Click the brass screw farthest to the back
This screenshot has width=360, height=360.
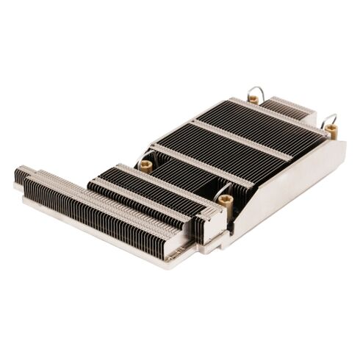tap(253, 99)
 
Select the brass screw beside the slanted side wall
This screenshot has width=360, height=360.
tap(226, 200)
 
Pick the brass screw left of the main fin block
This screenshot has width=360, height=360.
tap(145, 166)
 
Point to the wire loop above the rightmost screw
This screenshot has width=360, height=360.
tap(329, 118)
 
